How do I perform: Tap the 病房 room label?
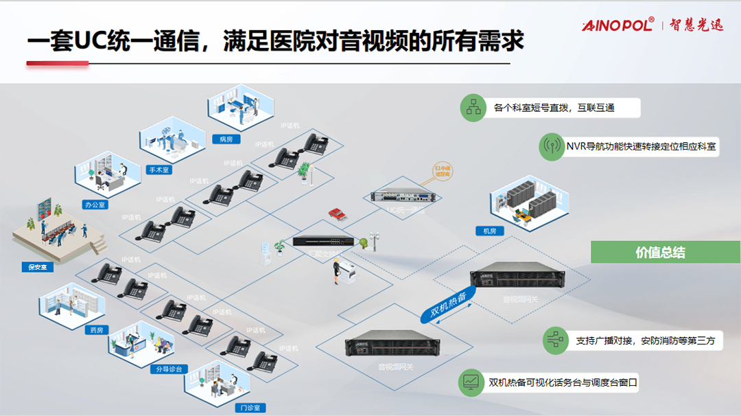pyautogui.click(x=226, y=139)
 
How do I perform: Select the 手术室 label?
pyautogui.click(x=159, y=170)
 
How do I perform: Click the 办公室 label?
pyautogui.click(x=95, y=205)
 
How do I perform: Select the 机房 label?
pyautogui.click(x=489, y=231)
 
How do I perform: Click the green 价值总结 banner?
pyautogui.click(x=660, y=252)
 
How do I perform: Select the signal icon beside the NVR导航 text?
pyautogui.click(x=552, y=146)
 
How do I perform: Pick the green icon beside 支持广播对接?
pyautogui.click(x=554, y=340)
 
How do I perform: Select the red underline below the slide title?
pyautogui.click(x=58, y=64)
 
